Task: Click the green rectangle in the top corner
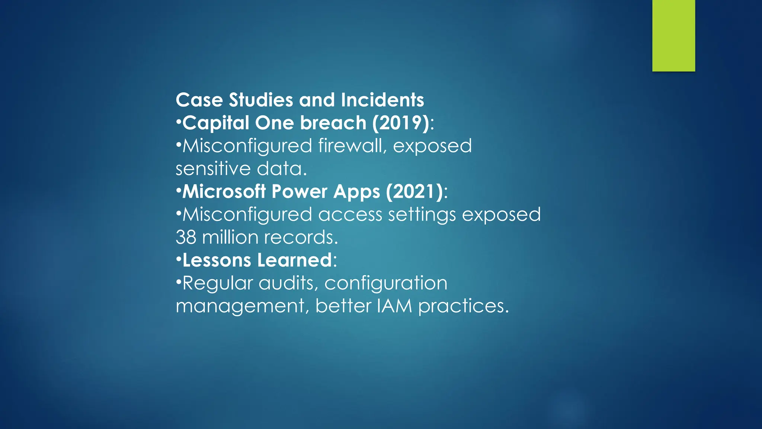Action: pos(673,35)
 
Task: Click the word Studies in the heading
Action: pos(261,100)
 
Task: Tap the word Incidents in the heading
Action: pos(382,100)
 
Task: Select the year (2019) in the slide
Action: pos(401,123)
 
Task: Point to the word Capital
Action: pos(216,123)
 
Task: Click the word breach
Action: pos(333,123)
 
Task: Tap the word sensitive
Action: pos(213,169)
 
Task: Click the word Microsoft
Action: pos(224,191)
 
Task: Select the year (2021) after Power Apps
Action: pos(414,191)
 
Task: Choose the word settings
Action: pos(422,215)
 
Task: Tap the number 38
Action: pos(186,238)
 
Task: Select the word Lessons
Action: pos(217,260)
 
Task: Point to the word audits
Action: pos(288,283)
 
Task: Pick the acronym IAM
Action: pos(394,306)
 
